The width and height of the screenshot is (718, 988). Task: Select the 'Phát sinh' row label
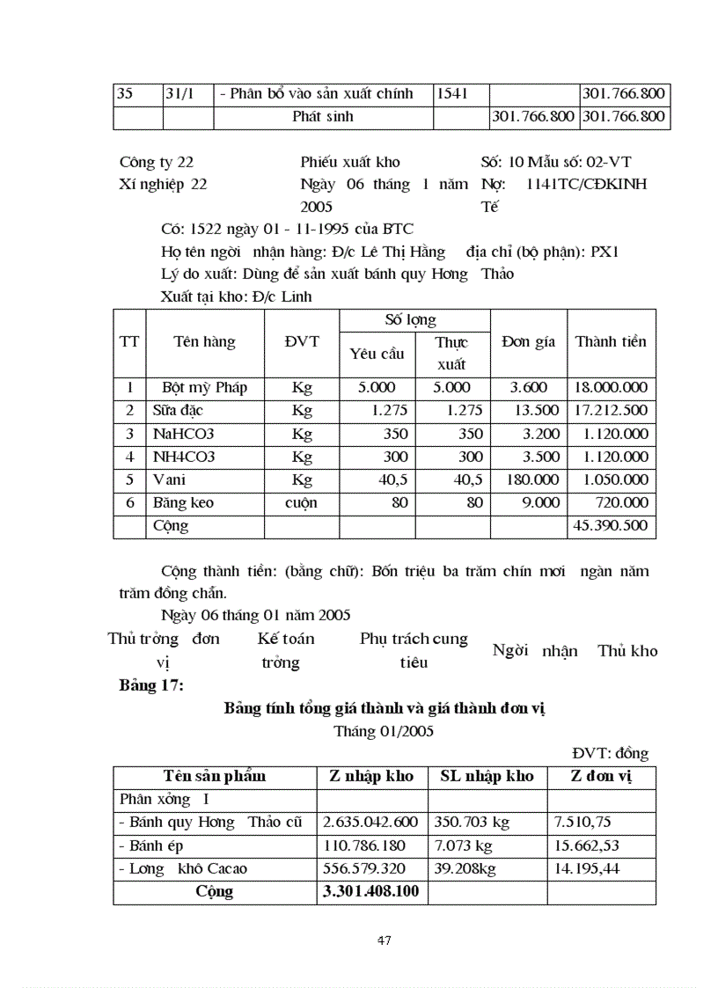click(x=322, y=117)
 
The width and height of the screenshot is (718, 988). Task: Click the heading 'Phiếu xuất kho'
click(x=349, y=162)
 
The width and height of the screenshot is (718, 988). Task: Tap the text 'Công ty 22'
click(x=157, y=162)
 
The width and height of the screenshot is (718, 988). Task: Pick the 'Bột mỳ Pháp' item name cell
click(x=204, y=388)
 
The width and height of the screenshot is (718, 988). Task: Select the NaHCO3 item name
click(x=183, y=434)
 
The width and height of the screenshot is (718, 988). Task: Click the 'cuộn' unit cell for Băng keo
click(x=301, y=503)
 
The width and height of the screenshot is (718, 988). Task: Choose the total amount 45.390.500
click(x=611, y=526)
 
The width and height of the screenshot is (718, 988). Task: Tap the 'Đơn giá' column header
click(x=528, y=342)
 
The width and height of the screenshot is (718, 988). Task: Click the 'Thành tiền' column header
click(x=611, y=342)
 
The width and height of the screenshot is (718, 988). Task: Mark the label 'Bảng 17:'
click(x=151, y=686)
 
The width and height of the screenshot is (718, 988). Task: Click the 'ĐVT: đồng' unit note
click(x=610, y=753)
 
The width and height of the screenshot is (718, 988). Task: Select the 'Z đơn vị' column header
click(x=600, y=776)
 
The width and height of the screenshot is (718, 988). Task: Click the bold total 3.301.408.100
click(x=370, y=892)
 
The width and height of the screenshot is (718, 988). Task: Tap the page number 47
click(x=384, y=940)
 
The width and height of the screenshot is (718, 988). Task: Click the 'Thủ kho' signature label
click(x=627, y=651)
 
